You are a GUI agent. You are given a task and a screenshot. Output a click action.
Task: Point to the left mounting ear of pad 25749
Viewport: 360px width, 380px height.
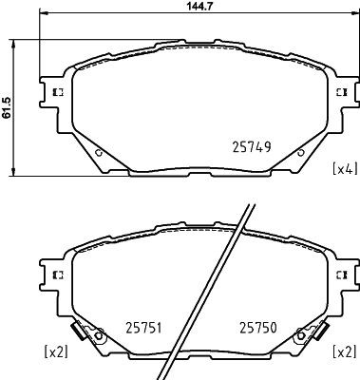53,92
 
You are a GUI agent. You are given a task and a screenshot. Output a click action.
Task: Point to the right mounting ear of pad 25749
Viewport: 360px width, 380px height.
339,92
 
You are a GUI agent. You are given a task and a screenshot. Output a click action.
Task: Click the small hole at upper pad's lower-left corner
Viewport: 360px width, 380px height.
99,152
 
